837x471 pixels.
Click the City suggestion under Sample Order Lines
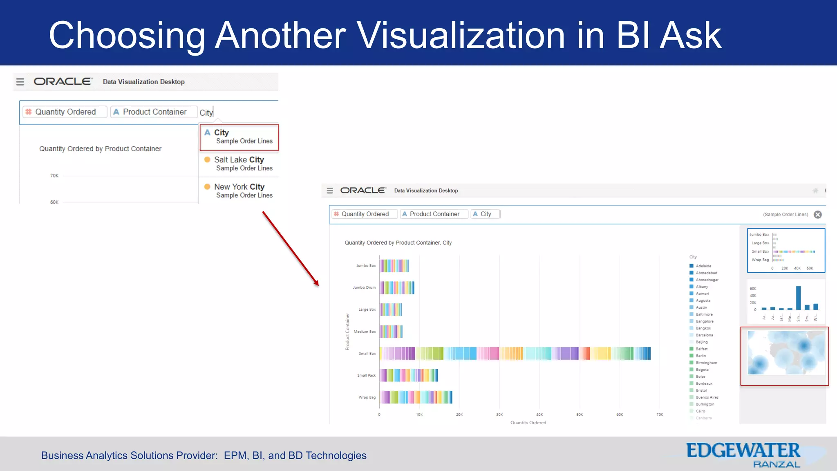click(x=239, y=137)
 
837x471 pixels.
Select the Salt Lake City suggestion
click(x=239, y=164)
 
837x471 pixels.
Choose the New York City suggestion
click(x=239, y=191)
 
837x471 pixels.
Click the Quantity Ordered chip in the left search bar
click(x=65, y=112)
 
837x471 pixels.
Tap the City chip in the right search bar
click(x=485, y=214)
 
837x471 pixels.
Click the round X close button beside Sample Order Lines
click(x=817, y=215)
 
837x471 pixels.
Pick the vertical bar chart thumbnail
click(x=786, y=301)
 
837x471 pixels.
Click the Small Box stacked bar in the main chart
click(x=515, y=353)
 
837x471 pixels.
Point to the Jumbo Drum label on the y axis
click(x=364, y=287)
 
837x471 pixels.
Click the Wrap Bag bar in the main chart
click(x=416, y=397)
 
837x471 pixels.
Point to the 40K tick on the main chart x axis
click(x=539, y=415)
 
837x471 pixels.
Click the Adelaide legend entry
click(x=703, y=266)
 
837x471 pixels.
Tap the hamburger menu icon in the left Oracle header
click(x=20, y=82)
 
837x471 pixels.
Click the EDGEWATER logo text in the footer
click(x=743, y=451)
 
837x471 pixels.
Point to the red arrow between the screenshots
click(x=290, y=248)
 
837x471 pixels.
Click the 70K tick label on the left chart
click(x=54, y=176)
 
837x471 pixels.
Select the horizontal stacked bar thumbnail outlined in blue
click(x=786, y=251)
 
